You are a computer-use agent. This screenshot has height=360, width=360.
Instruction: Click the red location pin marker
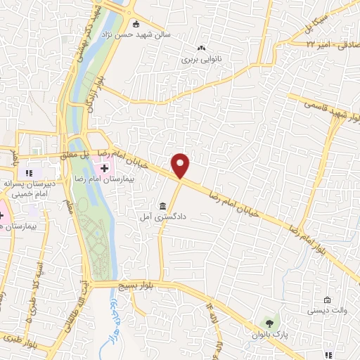coord(181,166)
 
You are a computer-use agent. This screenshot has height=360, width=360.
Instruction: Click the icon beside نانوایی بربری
coord(201,49)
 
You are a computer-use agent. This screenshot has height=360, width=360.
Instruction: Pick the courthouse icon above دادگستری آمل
coord(162,206)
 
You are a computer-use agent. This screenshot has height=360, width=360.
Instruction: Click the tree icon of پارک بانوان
coord(267,323)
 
